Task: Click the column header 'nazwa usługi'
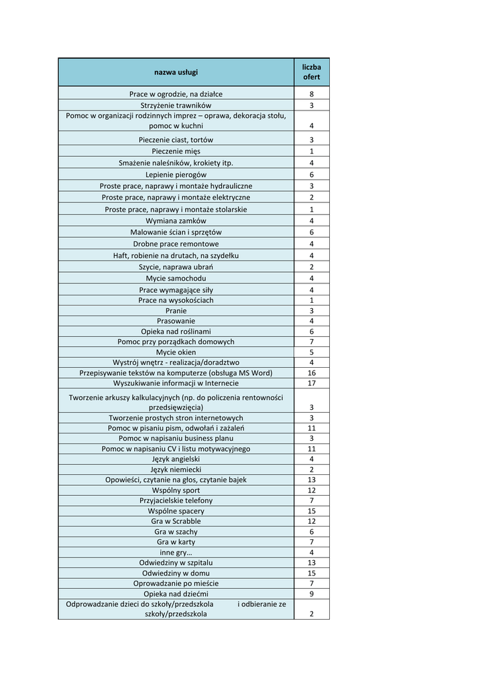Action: [x=176, y=72]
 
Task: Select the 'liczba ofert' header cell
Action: [x=311, y=72]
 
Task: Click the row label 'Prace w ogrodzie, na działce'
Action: [x=176, y=94]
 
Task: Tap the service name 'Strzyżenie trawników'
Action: [x=176, y=106]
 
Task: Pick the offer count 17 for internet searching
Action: [x=311, y=383]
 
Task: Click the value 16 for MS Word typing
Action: [x=311, y=372]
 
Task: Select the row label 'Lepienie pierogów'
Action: [x=176, y=174]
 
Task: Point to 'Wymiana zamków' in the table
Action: [x=176, y=220]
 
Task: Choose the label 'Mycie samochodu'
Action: [x=176, y=278]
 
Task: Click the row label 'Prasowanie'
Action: [x=176, y=321]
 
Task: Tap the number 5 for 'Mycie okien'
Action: [x=311, y=352]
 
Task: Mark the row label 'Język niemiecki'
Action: [x=176, y=470]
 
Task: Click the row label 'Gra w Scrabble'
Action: [x=176, y=521]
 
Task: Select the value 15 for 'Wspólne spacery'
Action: [x=311, y=511]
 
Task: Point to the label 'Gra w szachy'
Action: [x=176, y=532]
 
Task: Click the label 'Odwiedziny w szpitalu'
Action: [x=176, y=563]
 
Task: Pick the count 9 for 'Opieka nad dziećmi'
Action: [x=311, y=594]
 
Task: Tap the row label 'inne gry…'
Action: [x=176, y=552]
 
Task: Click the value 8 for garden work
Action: [x=311, y=94]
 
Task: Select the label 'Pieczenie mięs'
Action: [x=176, y=151]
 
